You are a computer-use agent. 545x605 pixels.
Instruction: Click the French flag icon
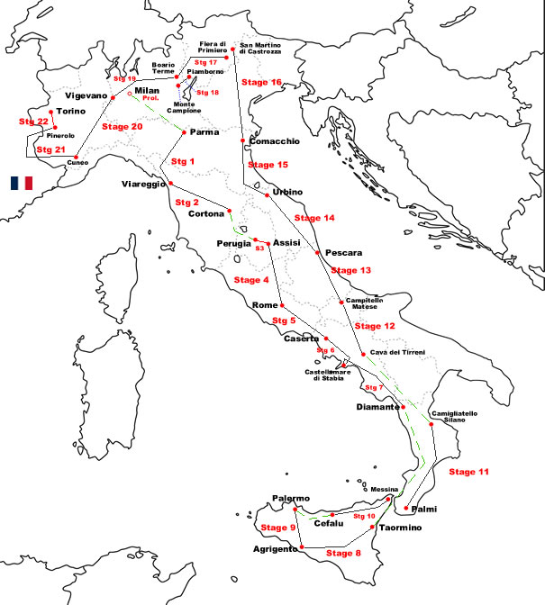22,183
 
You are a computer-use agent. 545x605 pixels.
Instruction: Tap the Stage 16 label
262,83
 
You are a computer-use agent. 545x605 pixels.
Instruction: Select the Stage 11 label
469,472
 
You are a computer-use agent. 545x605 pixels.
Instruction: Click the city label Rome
267,305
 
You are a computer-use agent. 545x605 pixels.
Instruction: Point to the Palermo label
291,499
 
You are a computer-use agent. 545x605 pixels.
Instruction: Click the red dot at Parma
184,133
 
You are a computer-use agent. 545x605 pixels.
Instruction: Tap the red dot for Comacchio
243,140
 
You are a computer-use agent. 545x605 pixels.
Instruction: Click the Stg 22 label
33,122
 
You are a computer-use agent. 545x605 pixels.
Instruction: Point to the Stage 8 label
343,553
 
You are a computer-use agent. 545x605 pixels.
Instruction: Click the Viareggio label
144,185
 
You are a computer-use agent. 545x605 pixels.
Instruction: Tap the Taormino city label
402,528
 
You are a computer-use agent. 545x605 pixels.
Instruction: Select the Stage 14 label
314,218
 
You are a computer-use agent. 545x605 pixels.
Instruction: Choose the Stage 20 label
122,127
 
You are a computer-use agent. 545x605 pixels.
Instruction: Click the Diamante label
377,407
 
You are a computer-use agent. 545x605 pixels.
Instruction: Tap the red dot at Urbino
268,194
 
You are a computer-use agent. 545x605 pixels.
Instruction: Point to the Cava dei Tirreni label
397,352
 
